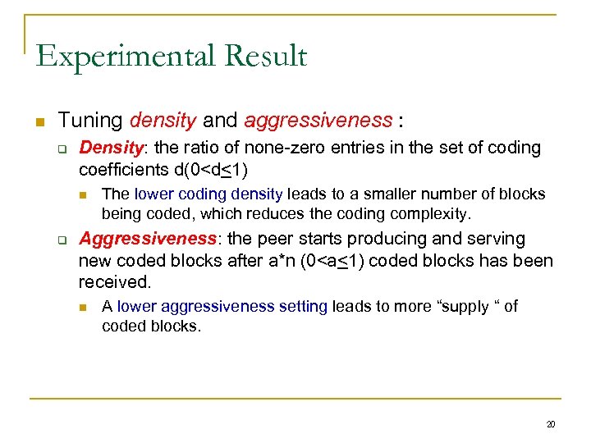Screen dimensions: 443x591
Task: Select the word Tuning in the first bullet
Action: click(90, 121)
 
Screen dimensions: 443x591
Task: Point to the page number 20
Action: click(551, 424)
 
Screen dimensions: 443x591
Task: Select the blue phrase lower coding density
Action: click(208, 194)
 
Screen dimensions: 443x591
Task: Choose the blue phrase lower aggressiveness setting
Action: click(222, 307)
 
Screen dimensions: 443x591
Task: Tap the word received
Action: click(115, 282)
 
